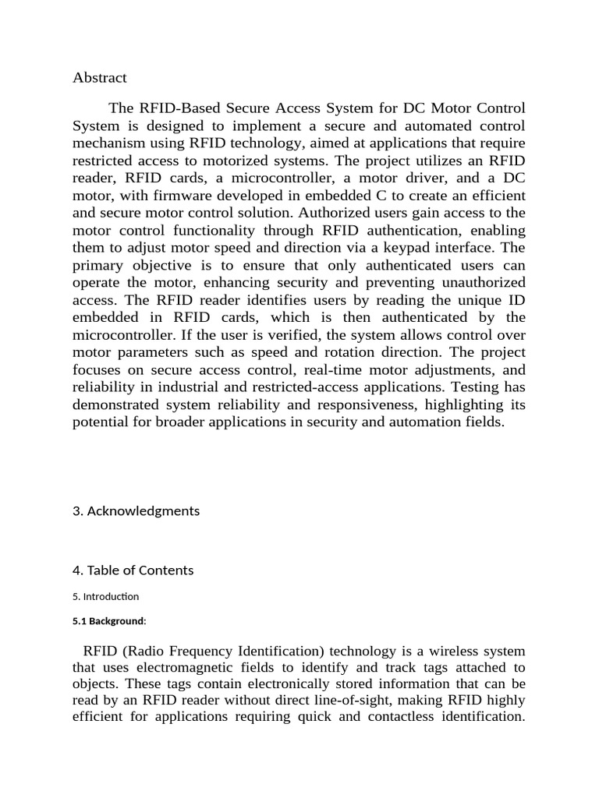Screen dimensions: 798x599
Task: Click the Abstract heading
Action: (99, 78)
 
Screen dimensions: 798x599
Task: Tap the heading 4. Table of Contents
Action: (133, 570)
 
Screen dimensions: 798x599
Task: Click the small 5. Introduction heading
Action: (105, 597)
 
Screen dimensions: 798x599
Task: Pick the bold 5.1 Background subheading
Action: (109, 622)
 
